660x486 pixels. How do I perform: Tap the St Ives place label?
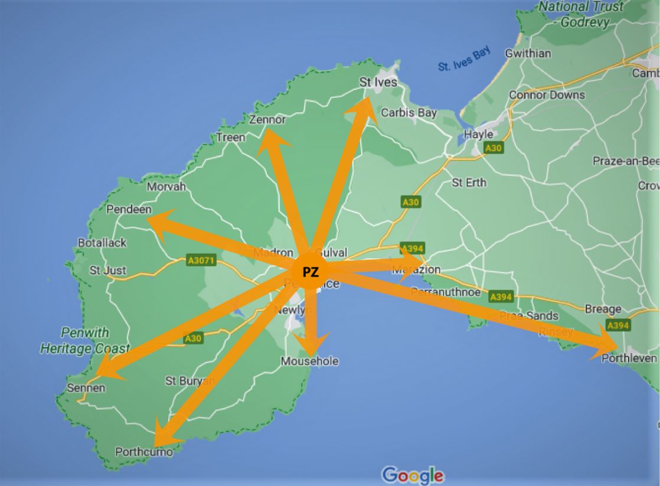(378, 83)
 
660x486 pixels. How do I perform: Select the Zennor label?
(267, 120)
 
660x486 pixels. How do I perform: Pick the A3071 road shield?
(201, 260)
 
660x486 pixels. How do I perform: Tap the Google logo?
(413, 475)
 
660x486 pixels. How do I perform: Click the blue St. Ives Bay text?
(465, 61)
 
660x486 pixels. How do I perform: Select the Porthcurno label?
(144, 452)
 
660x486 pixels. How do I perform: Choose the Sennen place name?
(86, 388)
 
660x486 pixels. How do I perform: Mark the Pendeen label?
(129, 210)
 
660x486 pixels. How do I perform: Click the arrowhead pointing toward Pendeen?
(158, 221)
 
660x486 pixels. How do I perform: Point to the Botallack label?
(102, 243)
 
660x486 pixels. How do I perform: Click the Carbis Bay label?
(409, 112)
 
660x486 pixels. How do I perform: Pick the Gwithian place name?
(528, 54)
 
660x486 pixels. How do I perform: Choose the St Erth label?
(469, 182)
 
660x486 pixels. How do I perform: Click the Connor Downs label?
(547, 94)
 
